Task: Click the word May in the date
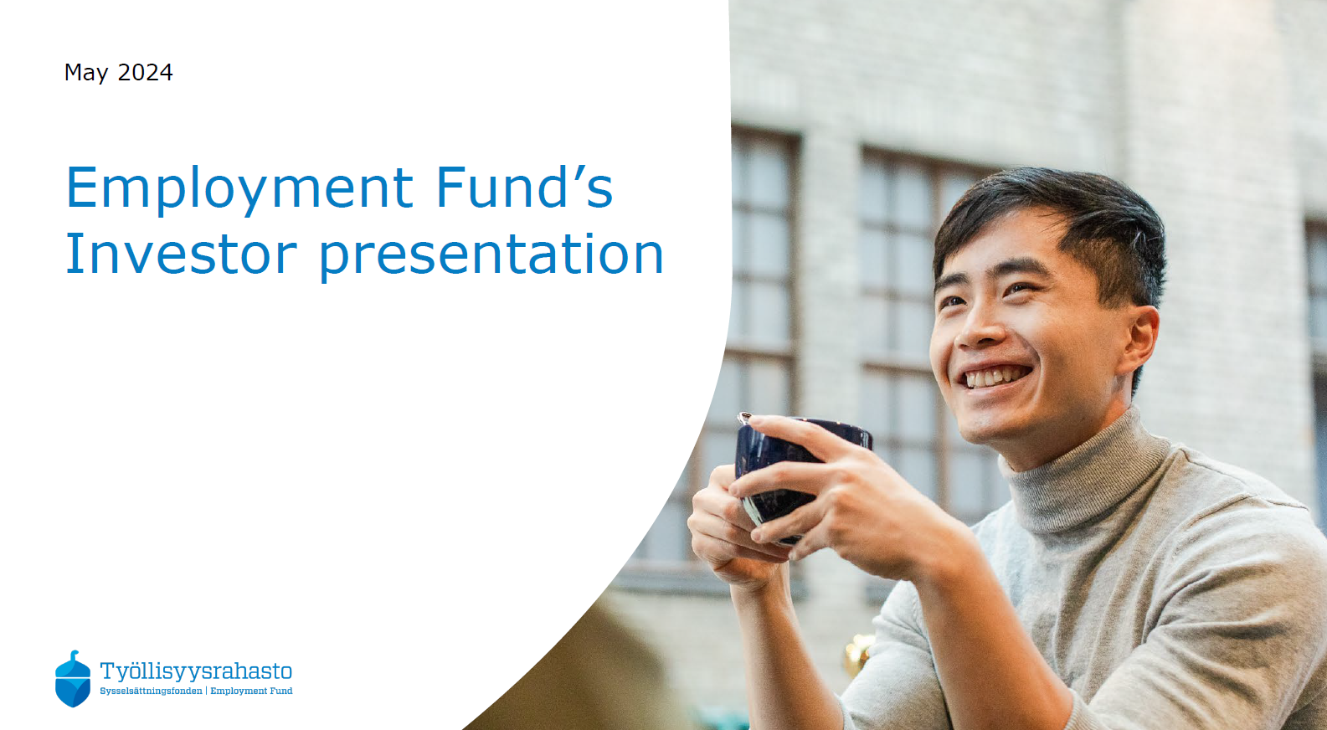click(x=86, y=73)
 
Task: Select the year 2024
click(x=145, y=72)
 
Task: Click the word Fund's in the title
click(x=524, y=188)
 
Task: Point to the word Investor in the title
click(x=182, y=254)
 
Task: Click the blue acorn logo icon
click(x=73, y=679)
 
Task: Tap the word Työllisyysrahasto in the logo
click(x=196, y=671)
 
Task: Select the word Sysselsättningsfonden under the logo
click(x=151, y=691)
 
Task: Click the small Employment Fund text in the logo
click(x=251, y=691)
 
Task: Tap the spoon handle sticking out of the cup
click(x=744, y=419)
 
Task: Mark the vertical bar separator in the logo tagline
click(x=206, y=691)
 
